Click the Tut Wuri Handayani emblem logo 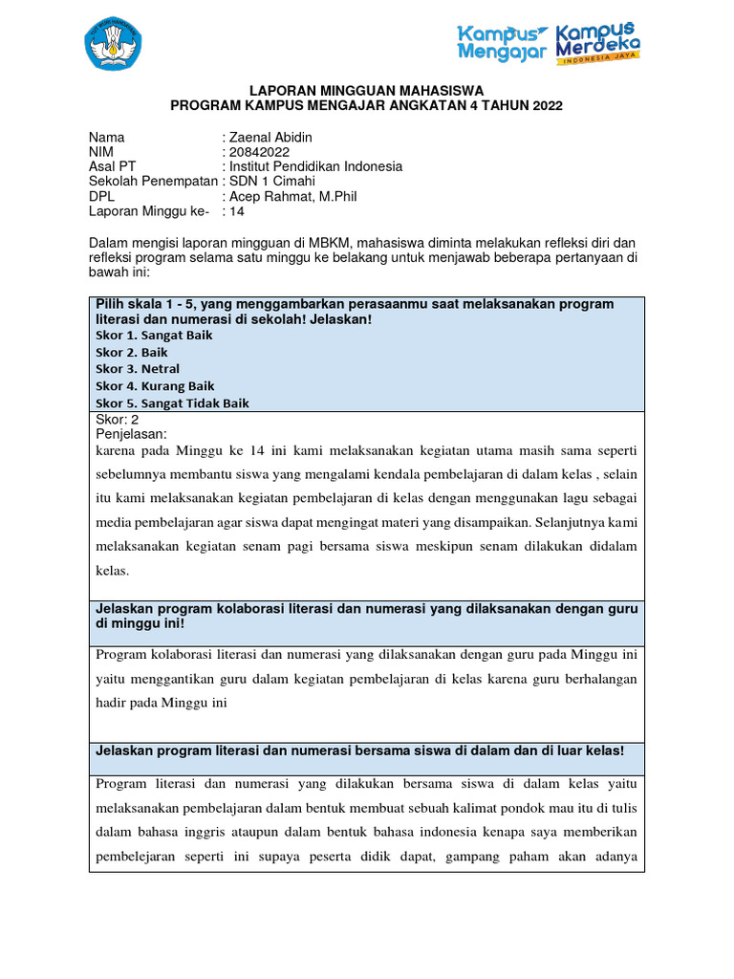click(x=112, y=43)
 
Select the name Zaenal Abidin click(x=270, y=137)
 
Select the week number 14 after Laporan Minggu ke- click(x=238, y=212)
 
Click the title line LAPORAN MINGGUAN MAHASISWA click(x=366, y=90)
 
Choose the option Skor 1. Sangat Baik click(x=154, y=336)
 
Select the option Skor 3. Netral click(x=138, y=369)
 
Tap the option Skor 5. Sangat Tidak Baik click(x=172, y=403)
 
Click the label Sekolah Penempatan click(x=153, y=182)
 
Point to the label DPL click(x=102, y=197)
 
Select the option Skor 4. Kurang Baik click(x=155, y=386)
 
